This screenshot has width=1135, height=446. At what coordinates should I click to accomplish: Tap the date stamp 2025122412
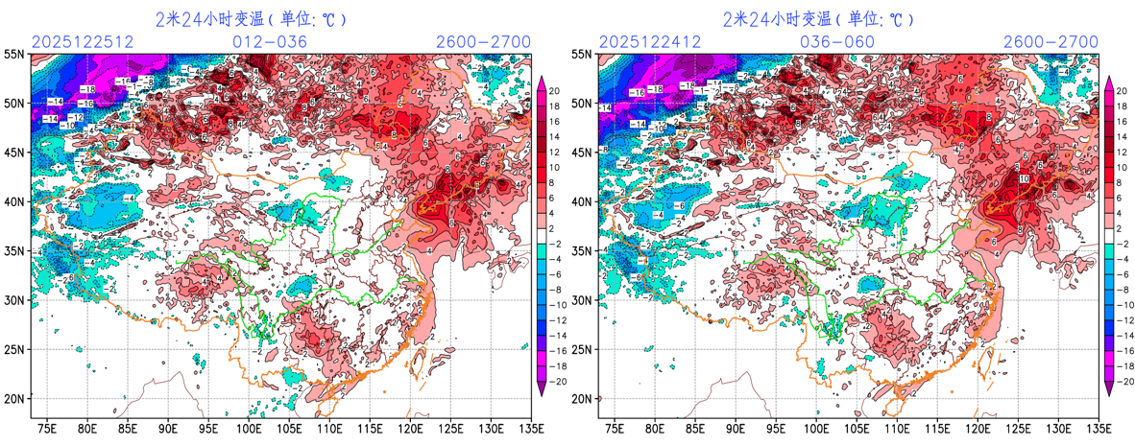tap(645, 42)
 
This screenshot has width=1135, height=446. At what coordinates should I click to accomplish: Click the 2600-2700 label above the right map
tap(1050, 42)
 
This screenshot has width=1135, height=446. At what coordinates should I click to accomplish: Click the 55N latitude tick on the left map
tap(15, 56)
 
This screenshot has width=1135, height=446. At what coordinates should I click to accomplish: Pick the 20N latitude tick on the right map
tap(583, 398)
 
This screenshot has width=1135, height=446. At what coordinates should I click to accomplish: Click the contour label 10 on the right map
tap(1023, 179)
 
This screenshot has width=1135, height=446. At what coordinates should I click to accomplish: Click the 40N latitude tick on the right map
tap(583, 202)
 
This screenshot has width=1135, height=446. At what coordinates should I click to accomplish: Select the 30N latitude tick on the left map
tap(15, 300)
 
